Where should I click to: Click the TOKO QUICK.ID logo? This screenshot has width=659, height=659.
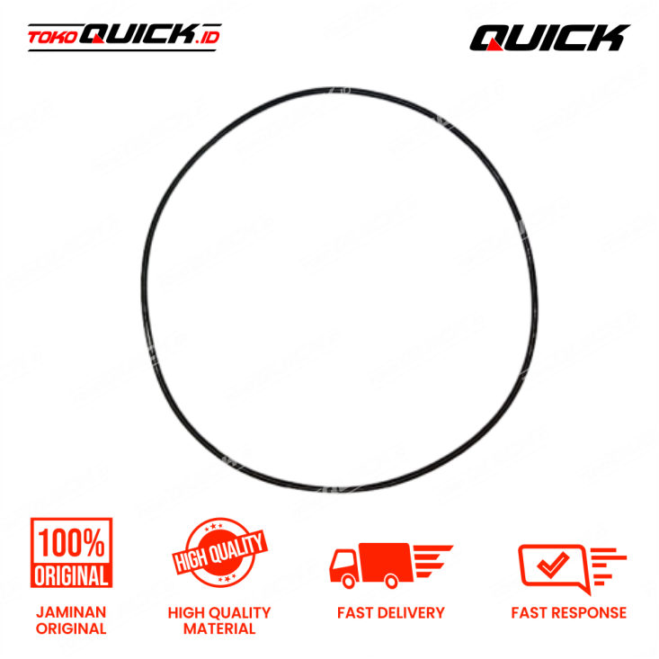pyautogui.click(x=124, y=37)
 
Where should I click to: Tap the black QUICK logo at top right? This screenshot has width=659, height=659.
pyautogui.click(x=549, y=38)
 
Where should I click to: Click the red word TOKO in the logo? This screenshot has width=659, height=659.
pyautogui.click(x=53, y=38)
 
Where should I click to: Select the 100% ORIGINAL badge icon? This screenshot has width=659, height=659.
pyautogui.click(x=71, y=553)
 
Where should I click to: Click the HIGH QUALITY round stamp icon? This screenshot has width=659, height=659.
pyautogui.click(x=219, y=553)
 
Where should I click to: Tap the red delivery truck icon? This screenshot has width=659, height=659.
pyautogui.click(x=391, y=565)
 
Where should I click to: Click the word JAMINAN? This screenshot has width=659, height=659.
pyautogui.click(x=71, y=612)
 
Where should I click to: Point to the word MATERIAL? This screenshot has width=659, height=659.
pyautogui.click(x=219, y=628)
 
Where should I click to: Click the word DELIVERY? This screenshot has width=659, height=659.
pyautogui.click(x=411, y=613)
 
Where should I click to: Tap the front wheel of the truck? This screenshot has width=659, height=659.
pyautogui.click(x=349, y=581)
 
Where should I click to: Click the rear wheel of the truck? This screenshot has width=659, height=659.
pyautogui.click(x=391, y=581)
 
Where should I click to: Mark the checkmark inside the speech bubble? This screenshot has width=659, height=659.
pyautogui.click(x=553, y=564)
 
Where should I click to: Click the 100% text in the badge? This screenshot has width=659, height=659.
pyautogui.click(x=71, y=543)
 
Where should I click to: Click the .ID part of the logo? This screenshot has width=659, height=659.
pyautogui.click(x=208, y=38)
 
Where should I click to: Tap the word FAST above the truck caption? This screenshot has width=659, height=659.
pyautogui.click(x=355, y=613)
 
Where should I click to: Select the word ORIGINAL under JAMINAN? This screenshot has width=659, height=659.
pyautogui.click(x=71, y=628)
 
